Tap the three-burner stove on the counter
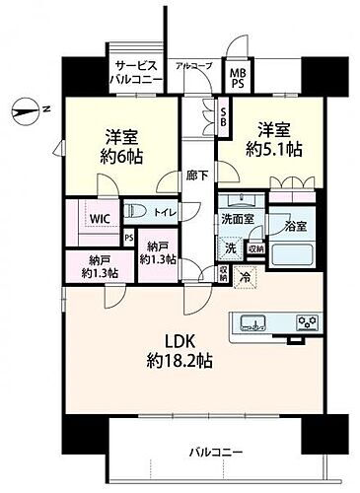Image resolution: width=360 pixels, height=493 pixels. pos(305,321)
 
